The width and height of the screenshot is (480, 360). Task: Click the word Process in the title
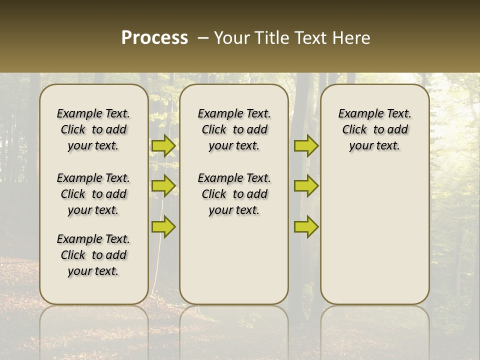(x=154, y=38)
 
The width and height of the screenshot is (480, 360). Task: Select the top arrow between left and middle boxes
(x=163, y=145)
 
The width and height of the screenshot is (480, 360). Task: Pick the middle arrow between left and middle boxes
(x=163, y=186)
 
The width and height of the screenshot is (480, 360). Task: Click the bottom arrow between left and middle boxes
(x=163, y=226)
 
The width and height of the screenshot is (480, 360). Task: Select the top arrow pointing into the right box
(x=306, y=145)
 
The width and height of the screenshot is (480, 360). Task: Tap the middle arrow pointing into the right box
(x=306, y=186)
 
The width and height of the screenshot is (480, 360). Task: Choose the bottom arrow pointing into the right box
(x=306, y=226)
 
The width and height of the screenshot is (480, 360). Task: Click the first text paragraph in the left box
(x=93, y=129)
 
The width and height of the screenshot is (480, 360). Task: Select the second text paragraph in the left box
(x=93, y=194)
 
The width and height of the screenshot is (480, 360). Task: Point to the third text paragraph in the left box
(x=93, y=255)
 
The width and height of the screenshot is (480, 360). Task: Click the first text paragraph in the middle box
(x=234, y=129)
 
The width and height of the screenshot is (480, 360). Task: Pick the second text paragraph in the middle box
(x=234, y=194)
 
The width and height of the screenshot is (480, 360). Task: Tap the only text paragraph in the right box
(x=374, y=129)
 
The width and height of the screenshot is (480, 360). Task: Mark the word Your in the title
(x=232, y=38)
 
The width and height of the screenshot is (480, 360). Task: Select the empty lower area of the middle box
(x=234, y=260)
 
